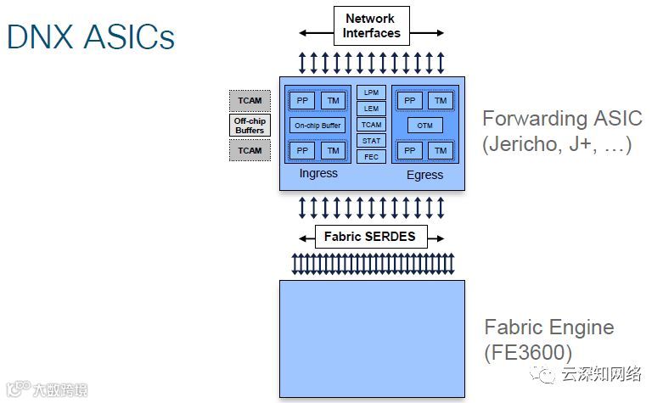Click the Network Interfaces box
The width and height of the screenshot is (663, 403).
tap(371, 26)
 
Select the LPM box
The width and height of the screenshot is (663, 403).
tap(371, 92)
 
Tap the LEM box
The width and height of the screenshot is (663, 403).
tap(371, 108)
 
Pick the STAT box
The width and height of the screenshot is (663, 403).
tap(371, 141)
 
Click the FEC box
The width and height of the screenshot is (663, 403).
tap(371, 157)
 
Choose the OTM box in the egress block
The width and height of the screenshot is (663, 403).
tap(425, 126)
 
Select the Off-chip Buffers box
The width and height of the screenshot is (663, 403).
tap(250, 126)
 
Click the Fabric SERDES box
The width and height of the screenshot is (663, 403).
tap(370, 237)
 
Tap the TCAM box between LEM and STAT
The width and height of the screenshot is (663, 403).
tap(371, 125)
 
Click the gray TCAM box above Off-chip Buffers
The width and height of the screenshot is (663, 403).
tap(250, 100)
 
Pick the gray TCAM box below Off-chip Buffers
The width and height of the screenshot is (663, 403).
tap(250, 150)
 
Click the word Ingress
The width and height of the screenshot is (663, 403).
tap(318, 174)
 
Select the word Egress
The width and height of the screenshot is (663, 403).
tap(424, 175)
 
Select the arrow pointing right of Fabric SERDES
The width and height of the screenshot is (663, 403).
tap(435, 238)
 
